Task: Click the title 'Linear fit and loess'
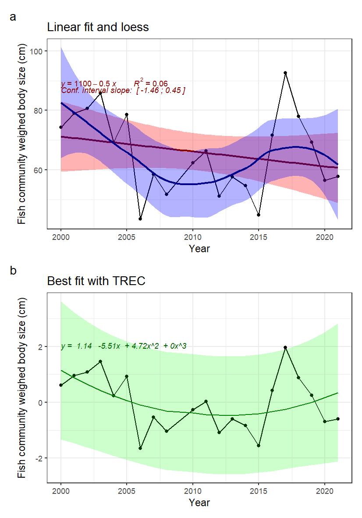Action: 98,27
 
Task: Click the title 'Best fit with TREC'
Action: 96,281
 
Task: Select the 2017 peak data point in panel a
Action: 285,73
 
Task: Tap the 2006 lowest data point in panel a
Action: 140,218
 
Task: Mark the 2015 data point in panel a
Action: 259,215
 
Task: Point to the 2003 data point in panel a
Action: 100,93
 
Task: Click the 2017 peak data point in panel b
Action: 285,347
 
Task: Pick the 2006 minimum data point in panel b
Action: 140,448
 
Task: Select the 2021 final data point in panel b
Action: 338,419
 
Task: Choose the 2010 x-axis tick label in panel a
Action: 192,237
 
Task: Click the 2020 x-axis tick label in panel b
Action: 324,491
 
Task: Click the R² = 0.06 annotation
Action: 150,83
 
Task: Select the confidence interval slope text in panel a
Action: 123,90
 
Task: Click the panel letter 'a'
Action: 13,17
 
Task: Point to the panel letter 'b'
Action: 13,271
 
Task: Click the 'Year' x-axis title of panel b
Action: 199,503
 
